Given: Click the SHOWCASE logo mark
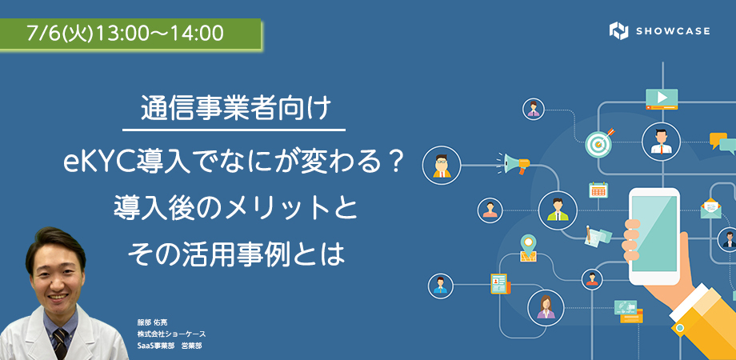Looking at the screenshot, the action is coord(618,31).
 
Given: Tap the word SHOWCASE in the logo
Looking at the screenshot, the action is coord(673,31).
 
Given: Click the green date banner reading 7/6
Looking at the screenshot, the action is coord(130,34).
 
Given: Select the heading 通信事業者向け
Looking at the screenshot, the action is coord(234,110).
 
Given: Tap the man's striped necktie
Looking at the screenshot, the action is coord(60,343).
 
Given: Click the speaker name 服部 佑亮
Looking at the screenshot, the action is coord(150,323).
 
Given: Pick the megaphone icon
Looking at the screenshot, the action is coord(514,163).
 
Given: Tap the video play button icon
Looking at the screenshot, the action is coord(662,98).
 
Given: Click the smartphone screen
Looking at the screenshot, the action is coord(654,234).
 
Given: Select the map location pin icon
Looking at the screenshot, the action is coord(529,247).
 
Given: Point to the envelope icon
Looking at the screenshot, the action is coord(710,208).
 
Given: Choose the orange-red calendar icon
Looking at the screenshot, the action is coord(598,190).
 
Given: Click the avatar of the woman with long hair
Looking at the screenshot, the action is coord(546,308).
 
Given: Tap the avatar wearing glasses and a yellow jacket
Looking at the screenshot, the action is coord(442,165).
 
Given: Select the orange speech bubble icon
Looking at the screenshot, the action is coord(718,140).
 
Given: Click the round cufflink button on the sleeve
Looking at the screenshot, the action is coord(680,327).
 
